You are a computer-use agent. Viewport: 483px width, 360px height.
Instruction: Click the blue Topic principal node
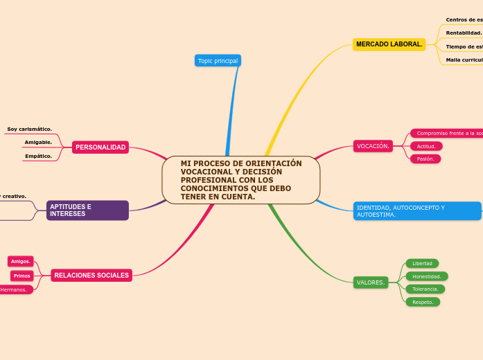[218, 61]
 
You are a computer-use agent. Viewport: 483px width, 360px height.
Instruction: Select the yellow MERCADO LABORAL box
[389, 44]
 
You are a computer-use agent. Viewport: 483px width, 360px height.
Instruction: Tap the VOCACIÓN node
[373, 146]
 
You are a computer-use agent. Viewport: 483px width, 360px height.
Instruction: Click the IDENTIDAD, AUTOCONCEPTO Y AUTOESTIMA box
[416, 211]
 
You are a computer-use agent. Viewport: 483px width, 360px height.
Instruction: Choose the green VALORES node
[371, 282]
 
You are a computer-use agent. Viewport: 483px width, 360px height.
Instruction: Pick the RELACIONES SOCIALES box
[91, 276]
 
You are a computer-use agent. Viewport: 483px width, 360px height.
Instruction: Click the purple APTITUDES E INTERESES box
[87, 210]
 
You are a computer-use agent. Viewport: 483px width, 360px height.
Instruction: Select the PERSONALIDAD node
[100, 147]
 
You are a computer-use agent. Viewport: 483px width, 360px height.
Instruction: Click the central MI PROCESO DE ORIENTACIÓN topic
[241, 180]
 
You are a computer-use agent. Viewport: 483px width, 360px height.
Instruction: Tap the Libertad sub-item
[422, 263]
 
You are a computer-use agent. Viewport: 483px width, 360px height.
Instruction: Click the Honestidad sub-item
[427, 276]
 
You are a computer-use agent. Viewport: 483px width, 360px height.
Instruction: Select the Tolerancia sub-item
[425, 289]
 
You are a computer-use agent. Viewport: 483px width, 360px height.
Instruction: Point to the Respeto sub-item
[423, 302]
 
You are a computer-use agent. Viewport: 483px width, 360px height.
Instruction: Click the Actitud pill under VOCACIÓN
[426, 146]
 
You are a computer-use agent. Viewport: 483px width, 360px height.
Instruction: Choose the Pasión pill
[425, 159]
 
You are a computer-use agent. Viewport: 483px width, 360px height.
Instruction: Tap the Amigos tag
[21, 262]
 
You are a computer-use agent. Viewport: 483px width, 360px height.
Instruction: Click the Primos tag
[22, 276]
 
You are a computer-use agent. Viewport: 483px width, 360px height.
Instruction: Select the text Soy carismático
[29, 129]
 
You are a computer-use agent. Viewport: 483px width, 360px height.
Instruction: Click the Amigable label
[38, 142]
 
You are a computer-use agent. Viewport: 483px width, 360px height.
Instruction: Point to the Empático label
[38, 156]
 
